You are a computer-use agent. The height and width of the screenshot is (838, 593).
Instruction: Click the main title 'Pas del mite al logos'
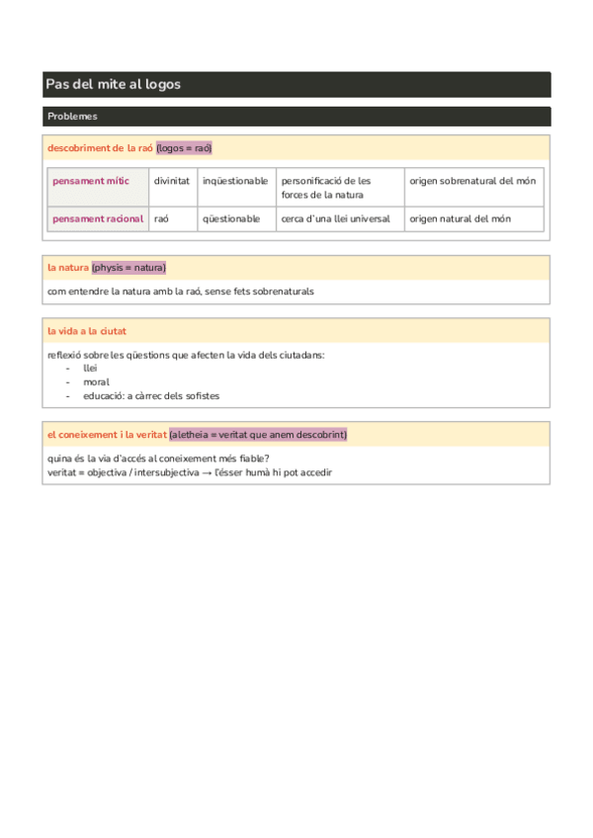[114, 85]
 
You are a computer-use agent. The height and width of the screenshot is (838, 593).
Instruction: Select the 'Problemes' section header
[72, 117]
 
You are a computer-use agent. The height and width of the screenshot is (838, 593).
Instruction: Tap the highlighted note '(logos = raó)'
[185, 148]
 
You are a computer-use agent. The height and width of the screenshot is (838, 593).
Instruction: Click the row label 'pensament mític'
[91, 182]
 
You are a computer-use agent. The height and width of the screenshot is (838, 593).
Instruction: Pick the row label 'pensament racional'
[98, 219]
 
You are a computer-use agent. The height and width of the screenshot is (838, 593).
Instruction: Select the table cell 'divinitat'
[172, 182]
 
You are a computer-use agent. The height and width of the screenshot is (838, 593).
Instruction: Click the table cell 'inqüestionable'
[234, 182]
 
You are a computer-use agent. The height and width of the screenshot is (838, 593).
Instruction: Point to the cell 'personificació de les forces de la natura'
[325, 188]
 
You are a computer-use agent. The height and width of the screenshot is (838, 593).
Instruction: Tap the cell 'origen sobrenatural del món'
[472, 182]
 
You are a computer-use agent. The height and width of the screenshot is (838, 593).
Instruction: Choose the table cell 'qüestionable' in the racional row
[231, 219]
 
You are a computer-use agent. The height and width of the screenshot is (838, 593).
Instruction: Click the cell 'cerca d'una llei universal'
[335, 219]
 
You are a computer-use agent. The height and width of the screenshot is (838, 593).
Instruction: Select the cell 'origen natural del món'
[461, 219]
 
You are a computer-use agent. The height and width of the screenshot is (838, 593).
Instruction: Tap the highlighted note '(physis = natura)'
[128, 268]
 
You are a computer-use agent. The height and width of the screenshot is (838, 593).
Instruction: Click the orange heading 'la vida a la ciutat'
[87, 331]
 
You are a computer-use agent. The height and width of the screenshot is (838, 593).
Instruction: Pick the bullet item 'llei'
[90, 368]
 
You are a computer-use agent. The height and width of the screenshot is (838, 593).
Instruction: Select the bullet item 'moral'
[96, 381]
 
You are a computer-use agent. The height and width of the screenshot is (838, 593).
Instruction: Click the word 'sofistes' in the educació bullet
[200, 395]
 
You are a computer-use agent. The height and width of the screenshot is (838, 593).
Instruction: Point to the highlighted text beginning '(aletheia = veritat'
[258, 435]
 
